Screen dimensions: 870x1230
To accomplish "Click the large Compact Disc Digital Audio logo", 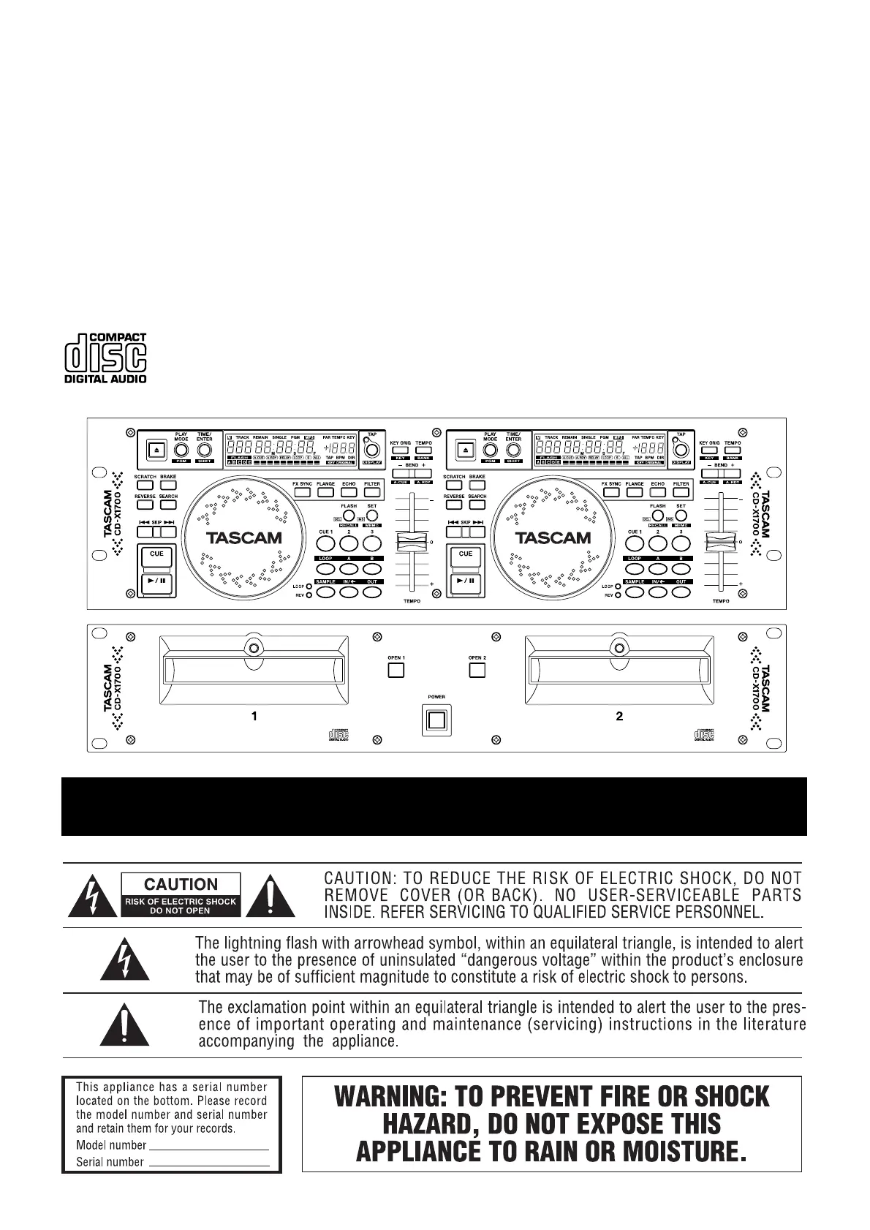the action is coord(106,358).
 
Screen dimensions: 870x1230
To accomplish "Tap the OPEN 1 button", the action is coord(396,671).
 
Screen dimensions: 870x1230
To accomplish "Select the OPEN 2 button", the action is coord(477,671).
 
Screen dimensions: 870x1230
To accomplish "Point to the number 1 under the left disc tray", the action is coord(254,717).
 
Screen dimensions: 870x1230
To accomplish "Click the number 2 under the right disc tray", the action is coord(619,717).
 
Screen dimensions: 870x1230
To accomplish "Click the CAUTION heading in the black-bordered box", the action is coord(181,885).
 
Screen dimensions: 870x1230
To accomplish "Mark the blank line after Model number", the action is coord(208,1145).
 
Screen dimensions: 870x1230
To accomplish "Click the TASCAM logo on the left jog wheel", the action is coord(243,538).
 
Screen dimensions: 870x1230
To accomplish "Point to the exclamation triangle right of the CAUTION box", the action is coord(271,897).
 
